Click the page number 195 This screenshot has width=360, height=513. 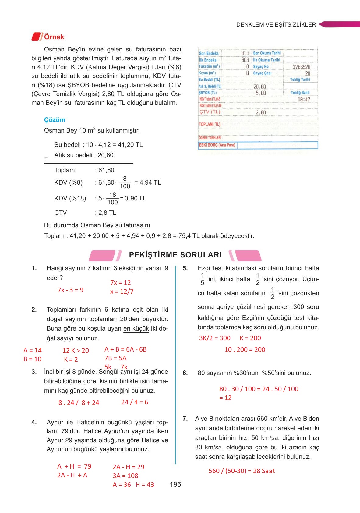coord(175,484)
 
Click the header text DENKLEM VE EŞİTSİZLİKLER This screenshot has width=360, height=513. coord(276,25)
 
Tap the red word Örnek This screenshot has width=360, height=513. coord(54,37)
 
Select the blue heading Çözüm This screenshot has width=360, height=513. coord(55,120)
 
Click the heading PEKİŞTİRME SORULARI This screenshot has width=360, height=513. coord(175,255)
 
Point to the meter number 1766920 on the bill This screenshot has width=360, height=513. coord(301,67)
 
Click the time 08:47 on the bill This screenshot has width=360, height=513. coord(304,99)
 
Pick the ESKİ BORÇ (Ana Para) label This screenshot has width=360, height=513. coord(217,145)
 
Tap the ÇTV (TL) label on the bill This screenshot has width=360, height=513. coord(210,112)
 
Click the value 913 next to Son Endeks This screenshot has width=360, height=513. coord(245,53)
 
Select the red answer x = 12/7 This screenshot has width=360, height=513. coord(122,292)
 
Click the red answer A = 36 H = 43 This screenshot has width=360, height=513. coord(133,484)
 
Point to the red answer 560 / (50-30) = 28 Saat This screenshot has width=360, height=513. coord(242,471)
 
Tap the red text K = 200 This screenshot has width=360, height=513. coord(250,338)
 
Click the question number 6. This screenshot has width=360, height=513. coord(185,373)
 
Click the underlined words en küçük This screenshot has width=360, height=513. coord(136,329)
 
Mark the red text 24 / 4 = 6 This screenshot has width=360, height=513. coord(135,402)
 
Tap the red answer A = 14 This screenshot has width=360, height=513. coord(33,350)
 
